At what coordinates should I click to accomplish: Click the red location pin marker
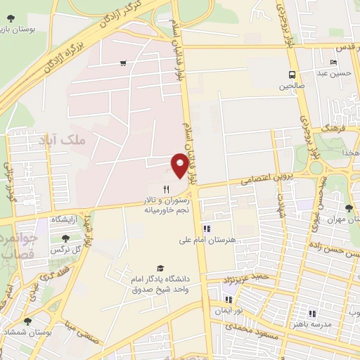[x=180, y=165]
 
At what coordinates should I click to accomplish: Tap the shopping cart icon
[x=123, y=63]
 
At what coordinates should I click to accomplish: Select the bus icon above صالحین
[x=291, y=75]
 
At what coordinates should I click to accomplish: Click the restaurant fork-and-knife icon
[x=167, y=189]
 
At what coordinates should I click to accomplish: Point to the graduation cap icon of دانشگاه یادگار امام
[x=160, y=269]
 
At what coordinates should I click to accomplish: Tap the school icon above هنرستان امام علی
[x=206, y=229]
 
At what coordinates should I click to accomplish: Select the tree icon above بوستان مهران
[x=349, y=207]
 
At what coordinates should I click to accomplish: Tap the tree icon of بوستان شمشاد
[x=27, y=321]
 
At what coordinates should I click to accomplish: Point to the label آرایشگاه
[x=67, y=221]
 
